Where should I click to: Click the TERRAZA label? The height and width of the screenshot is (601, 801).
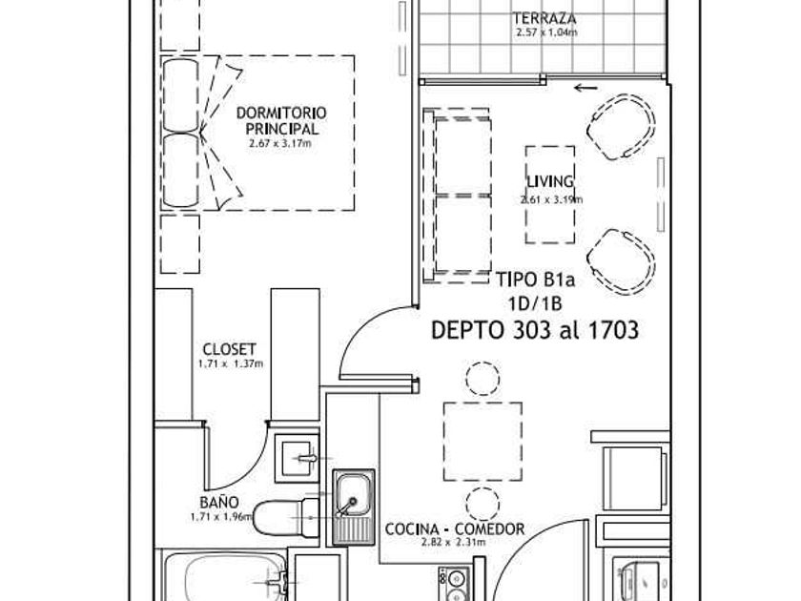(544, 19)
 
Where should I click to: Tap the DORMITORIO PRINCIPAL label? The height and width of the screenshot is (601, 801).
(281, 120)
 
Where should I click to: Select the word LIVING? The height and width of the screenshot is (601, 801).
(550, 181)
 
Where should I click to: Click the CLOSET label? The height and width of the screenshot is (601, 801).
(230, 349)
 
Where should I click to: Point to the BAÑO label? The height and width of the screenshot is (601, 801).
(219, 503)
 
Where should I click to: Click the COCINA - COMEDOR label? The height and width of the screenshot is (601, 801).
(455, 528)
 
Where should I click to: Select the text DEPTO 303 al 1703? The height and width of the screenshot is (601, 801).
(535, 330)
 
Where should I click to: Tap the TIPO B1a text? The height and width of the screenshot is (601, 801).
(536, 280)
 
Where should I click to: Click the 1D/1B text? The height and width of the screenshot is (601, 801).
(535, 304)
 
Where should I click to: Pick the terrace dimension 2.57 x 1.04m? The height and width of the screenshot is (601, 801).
(546, 32)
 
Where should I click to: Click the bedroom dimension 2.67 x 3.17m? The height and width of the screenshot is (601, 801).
(280, 144)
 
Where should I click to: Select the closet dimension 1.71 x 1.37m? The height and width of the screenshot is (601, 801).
(231, 364)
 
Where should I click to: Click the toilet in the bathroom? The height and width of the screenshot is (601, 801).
(285, 517)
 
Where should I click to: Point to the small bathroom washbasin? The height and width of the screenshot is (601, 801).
(298, 458)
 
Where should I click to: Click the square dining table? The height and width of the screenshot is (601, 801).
(483, 442)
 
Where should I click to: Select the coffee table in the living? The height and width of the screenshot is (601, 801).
(550, 195)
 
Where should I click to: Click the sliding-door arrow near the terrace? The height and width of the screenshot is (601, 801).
(585, 89)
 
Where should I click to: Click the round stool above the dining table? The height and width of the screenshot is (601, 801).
(483, 378)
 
